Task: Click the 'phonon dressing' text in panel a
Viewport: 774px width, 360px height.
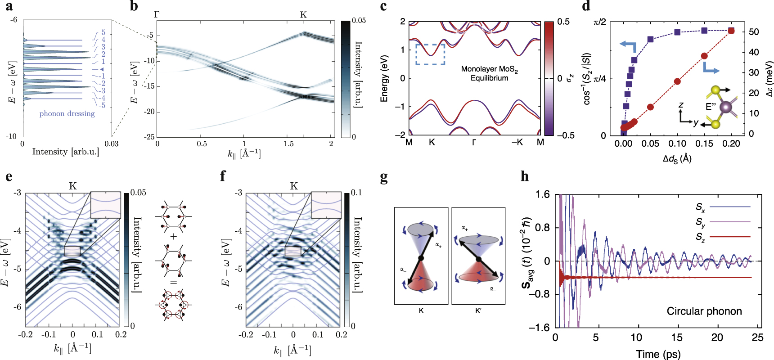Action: [67, 114]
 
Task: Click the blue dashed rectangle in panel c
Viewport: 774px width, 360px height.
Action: [430, 54]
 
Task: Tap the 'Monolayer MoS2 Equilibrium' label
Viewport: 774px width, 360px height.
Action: [489, 73]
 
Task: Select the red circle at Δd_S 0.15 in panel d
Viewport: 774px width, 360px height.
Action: [704, 56]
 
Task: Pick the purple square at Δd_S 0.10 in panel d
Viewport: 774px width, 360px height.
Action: [677, 32]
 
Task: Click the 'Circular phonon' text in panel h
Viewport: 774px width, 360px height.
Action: [704, 311]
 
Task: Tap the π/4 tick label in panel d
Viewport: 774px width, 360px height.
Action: [599, 79]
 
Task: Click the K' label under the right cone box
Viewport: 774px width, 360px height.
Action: [478, 310]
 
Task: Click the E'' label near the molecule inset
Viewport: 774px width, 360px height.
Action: [711, 107]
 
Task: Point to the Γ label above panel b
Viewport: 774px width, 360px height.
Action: [157, 14]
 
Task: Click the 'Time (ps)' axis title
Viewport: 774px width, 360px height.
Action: [658, 354]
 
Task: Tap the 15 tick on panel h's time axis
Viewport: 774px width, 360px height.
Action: [677, 337]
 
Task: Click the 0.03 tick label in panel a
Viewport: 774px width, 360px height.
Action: [111, 144]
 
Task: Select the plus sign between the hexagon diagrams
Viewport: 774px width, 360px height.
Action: [174, 236]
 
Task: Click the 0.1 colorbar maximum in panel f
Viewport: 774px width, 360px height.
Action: [356, 193]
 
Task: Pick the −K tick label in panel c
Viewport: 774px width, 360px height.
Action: [517, 142]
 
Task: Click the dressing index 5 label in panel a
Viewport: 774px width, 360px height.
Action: [103, 32]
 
